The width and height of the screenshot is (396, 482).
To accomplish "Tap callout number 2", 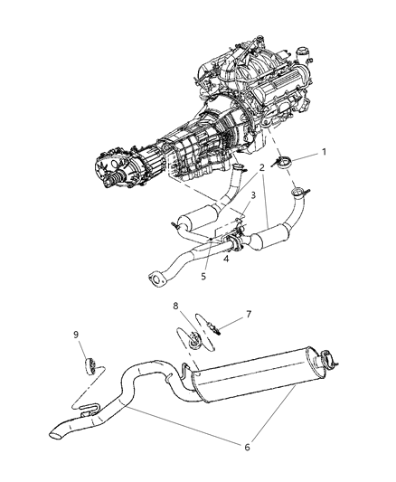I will click(260, 168).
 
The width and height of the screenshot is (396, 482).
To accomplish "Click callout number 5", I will click(203, 277).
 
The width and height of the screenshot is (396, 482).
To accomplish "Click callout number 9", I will click(77, 334).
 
